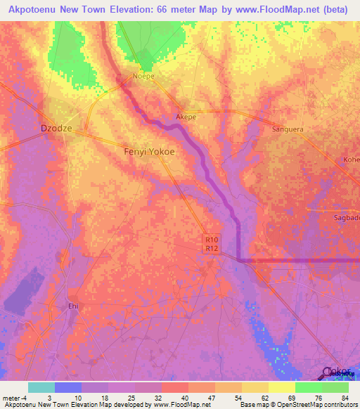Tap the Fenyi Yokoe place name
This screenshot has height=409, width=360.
point(149,151)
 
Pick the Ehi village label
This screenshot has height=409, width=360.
point(72,306)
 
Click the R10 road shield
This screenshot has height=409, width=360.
point(212,239)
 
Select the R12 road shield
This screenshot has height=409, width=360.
point(212,248)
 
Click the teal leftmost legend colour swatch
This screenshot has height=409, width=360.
point(41,387)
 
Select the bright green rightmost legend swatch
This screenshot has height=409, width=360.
point(335,387)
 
